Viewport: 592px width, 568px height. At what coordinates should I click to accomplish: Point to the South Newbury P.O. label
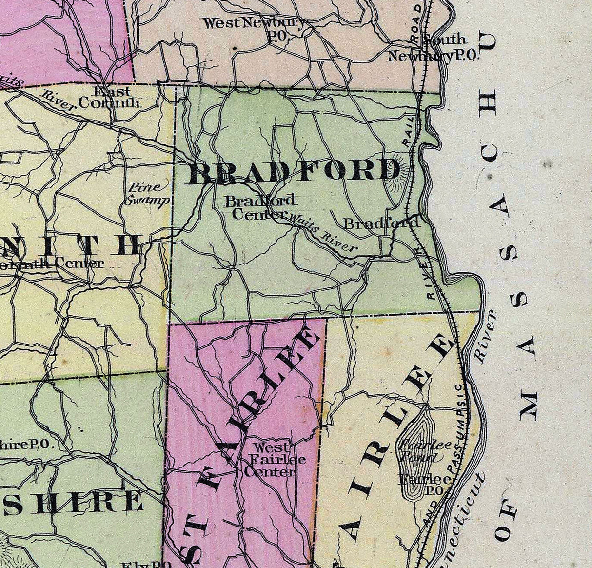(x=434, y=48)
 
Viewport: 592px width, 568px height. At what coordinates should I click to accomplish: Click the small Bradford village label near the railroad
(x=381, y=223)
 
